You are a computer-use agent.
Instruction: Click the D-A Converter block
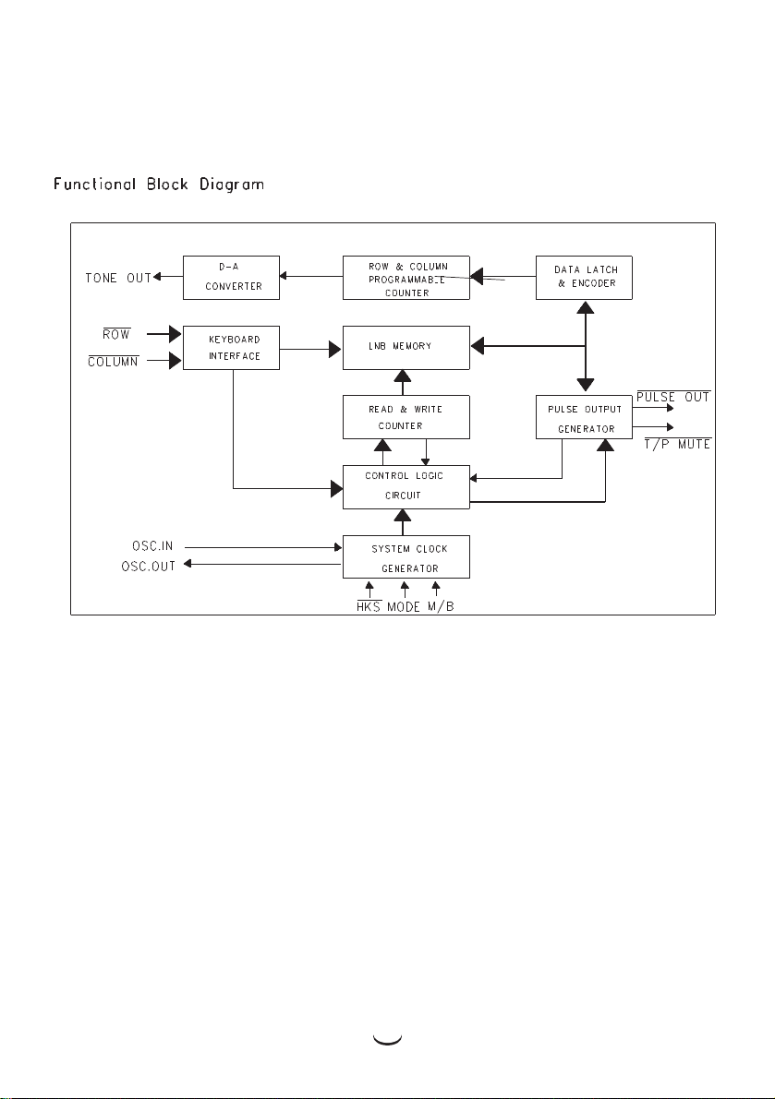232,278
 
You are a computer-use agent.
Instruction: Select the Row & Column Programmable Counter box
406,278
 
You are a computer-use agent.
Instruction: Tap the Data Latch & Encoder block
584,278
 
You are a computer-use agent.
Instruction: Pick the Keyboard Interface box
232,348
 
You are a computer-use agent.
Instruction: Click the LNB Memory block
406,348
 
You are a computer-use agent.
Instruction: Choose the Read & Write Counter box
406,417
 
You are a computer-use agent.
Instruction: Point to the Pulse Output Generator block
584,417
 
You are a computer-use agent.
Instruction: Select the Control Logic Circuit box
406,486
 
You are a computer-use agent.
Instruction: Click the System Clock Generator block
406,556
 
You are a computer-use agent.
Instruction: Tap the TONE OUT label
118,279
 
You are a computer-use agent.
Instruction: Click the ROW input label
116,334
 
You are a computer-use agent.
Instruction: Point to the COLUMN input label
113,361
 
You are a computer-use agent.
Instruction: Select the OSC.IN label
152,546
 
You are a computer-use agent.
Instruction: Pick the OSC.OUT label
148,566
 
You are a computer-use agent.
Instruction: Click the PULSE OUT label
673,397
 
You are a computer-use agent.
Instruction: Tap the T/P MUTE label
677,444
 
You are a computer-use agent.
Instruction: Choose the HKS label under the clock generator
369,606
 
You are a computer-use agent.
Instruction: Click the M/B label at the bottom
442,606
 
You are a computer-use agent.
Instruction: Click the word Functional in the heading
95,185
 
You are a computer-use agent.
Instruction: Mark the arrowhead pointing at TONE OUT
157,276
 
